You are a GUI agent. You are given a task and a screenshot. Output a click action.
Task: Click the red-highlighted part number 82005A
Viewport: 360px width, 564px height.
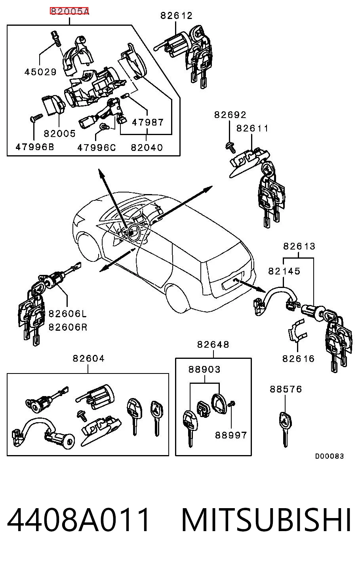[x=69, y=11]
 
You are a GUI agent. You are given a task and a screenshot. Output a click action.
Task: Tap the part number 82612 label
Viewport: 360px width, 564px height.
[x=176, y=15]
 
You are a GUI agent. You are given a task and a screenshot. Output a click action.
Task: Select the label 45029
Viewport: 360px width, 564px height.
[x=40, y=72]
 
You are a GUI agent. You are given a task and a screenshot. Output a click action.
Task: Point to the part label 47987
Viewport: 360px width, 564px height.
[x=148, y=122]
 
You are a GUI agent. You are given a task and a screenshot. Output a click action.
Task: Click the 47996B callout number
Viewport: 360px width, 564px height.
[x=35, y=147]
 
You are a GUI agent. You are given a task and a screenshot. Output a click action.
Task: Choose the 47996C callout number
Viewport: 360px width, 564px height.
[x=96, y=147]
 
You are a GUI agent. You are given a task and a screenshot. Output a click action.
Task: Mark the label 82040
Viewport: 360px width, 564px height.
[x=147, y=147]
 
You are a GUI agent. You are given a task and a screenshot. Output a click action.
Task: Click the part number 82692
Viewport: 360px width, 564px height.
[x=230, y=115]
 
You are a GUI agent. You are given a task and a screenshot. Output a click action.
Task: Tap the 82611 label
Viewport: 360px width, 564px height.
[x=252, y=128]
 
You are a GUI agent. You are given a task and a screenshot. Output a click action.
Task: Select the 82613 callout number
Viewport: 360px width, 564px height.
[x=299, y=246]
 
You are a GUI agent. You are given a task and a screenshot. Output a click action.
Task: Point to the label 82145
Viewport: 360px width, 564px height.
[x=284, y=271]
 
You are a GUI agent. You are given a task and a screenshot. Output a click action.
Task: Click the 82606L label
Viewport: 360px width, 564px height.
[x=67, y=314]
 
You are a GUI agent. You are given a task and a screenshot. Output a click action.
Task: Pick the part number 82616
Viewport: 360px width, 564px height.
[x=298, y=358]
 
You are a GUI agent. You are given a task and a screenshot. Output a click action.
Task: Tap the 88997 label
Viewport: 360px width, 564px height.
[x=231, y=435]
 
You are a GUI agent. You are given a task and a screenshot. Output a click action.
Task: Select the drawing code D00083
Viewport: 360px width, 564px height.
[x=330, y=456]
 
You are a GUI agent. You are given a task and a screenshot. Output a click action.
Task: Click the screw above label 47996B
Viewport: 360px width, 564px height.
[x=36, y=118]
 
